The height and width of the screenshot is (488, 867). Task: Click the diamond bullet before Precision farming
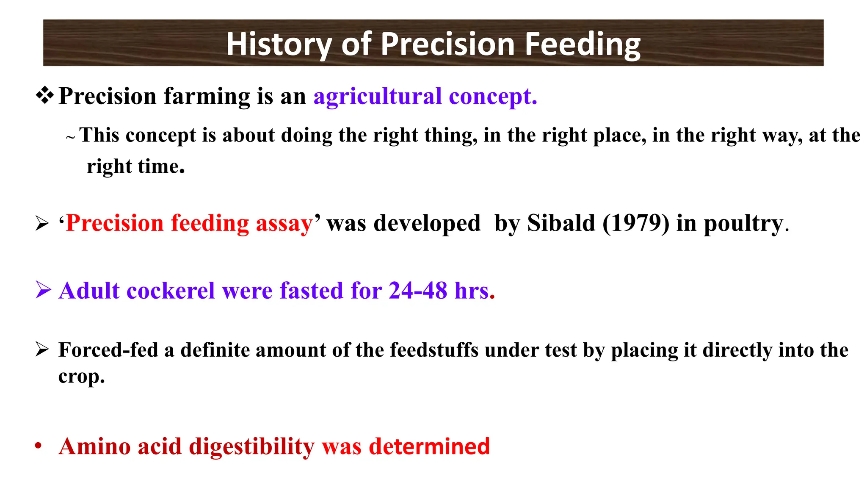[44, 95]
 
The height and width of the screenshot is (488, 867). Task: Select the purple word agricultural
[378, 96]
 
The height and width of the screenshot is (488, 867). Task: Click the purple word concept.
[493, 96]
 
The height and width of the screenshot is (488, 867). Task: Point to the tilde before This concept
[71, 137]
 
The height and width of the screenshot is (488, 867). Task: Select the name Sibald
[561, 223]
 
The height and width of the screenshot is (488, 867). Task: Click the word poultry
[743, 223]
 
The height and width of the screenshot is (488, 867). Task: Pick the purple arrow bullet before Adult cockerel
[43, 290]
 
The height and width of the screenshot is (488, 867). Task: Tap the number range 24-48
[418, 291]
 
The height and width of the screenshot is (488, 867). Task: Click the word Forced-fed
[108, 350]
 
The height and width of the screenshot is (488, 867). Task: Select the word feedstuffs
[434, 350]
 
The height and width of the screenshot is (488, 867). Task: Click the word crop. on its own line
[81, 377]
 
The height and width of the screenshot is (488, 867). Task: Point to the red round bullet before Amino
[39, 446]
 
